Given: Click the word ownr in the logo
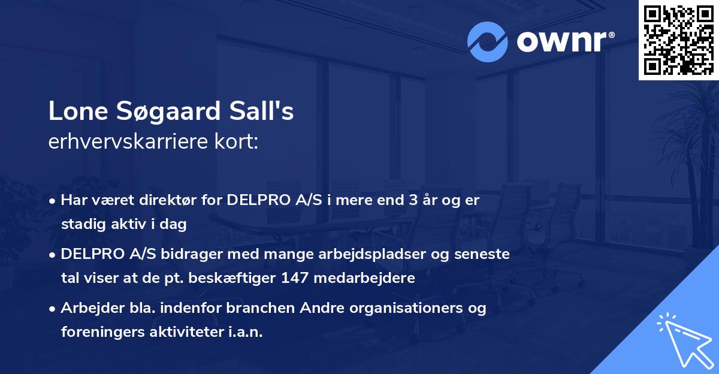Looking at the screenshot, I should [x=559, y=42].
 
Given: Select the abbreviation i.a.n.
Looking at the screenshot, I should [x=246, y=332].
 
